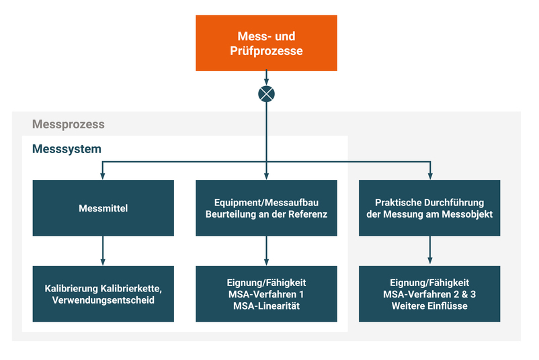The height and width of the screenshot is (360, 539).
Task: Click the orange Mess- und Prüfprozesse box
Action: pyautogui.click(x=266, y=42)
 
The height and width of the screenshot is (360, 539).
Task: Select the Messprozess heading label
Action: pyautogui.click(x=68, y=125)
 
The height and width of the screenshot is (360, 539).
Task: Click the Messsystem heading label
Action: pyautogui.click(x=67, y=149)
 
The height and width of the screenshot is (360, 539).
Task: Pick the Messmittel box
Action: pyautogui.click(x=103, y=208)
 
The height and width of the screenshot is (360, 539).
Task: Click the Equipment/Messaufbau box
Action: pyautogui.click(x=266, y=208)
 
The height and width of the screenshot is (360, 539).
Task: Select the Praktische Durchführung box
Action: pyautogui.click(x=429, y=208)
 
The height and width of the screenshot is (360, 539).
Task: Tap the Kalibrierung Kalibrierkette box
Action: pyautogui.click(x=103, y=294)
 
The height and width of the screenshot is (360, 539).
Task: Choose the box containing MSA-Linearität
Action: pyautogui.click(x=266, y=294)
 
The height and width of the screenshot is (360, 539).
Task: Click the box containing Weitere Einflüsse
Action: pyautogui.click(x=429, y=294)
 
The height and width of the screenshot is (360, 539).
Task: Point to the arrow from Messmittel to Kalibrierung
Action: pyautogui.click(x=103, y=251)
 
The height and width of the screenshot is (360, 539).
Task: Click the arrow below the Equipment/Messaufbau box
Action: pyautogui.click(x=267, y=251)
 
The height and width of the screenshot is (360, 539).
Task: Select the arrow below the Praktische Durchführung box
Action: pyautogui.click(x=430, y=251)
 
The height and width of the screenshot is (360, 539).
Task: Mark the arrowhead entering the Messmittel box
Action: pyautogui.click(x=103, y=176)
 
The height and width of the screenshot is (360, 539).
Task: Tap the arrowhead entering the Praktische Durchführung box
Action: pyautogui.click(x=430, y=176)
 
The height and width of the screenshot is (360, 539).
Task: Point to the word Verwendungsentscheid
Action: pyautogui.click(x=103, y=300)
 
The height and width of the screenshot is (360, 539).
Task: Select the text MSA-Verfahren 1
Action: pyautogui.click(x=266, y=294)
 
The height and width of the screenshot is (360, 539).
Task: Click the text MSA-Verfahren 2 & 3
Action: pyautogui.click(x=429, y=294)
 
